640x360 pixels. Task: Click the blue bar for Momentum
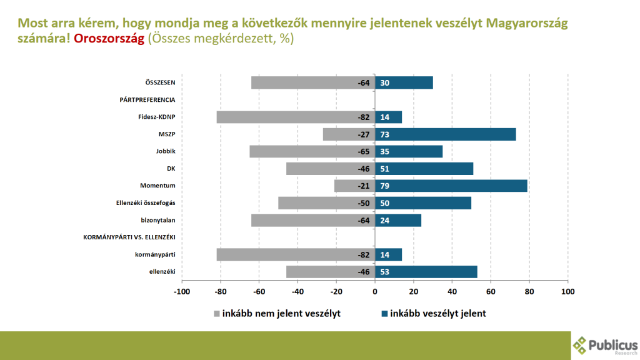[451, 186]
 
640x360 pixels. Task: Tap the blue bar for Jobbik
[409, 151]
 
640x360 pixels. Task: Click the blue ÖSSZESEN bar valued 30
[404, 82]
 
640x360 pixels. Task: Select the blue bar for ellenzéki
[426, 272]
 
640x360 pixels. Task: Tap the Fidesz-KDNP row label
[156, 117]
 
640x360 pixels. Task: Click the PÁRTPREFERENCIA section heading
[147, 99]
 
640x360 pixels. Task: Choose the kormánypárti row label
[155, 254]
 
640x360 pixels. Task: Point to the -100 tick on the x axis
[181, 291]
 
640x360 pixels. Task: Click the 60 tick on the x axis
[491, 291]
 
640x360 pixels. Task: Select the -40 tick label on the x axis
[297, 291]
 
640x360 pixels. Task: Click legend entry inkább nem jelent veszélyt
[277, 314]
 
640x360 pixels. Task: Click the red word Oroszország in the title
[109, 38]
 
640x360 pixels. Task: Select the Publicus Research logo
[605, 345]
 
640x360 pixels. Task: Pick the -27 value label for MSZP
[364, 134]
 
